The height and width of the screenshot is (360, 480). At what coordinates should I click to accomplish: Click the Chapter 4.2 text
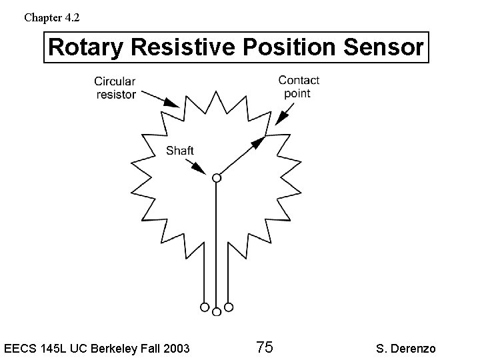coord(51,17)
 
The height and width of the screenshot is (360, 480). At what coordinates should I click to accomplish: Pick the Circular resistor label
coord(115,87)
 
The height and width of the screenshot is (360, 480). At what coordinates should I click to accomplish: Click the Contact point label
coord(299,87)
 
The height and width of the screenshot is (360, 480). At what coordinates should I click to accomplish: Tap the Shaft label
coord(179,151)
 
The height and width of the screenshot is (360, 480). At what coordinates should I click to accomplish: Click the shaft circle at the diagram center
coord(216,178)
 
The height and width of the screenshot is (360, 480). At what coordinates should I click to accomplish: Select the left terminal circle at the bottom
coord(204,307)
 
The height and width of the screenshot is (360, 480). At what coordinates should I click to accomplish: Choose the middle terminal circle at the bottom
coord(216,311)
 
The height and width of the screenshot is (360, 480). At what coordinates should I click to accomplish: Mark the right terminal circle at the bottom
coord(228,307)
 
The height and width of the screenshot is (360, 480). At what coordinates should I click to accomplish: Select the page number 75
coord(264,347)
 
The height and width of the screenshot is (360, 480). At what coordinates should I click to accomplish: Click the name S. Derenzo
coord(406,348)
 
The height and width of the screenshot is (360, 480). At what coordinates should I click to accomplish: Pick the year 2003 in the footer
coord(175,348)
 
